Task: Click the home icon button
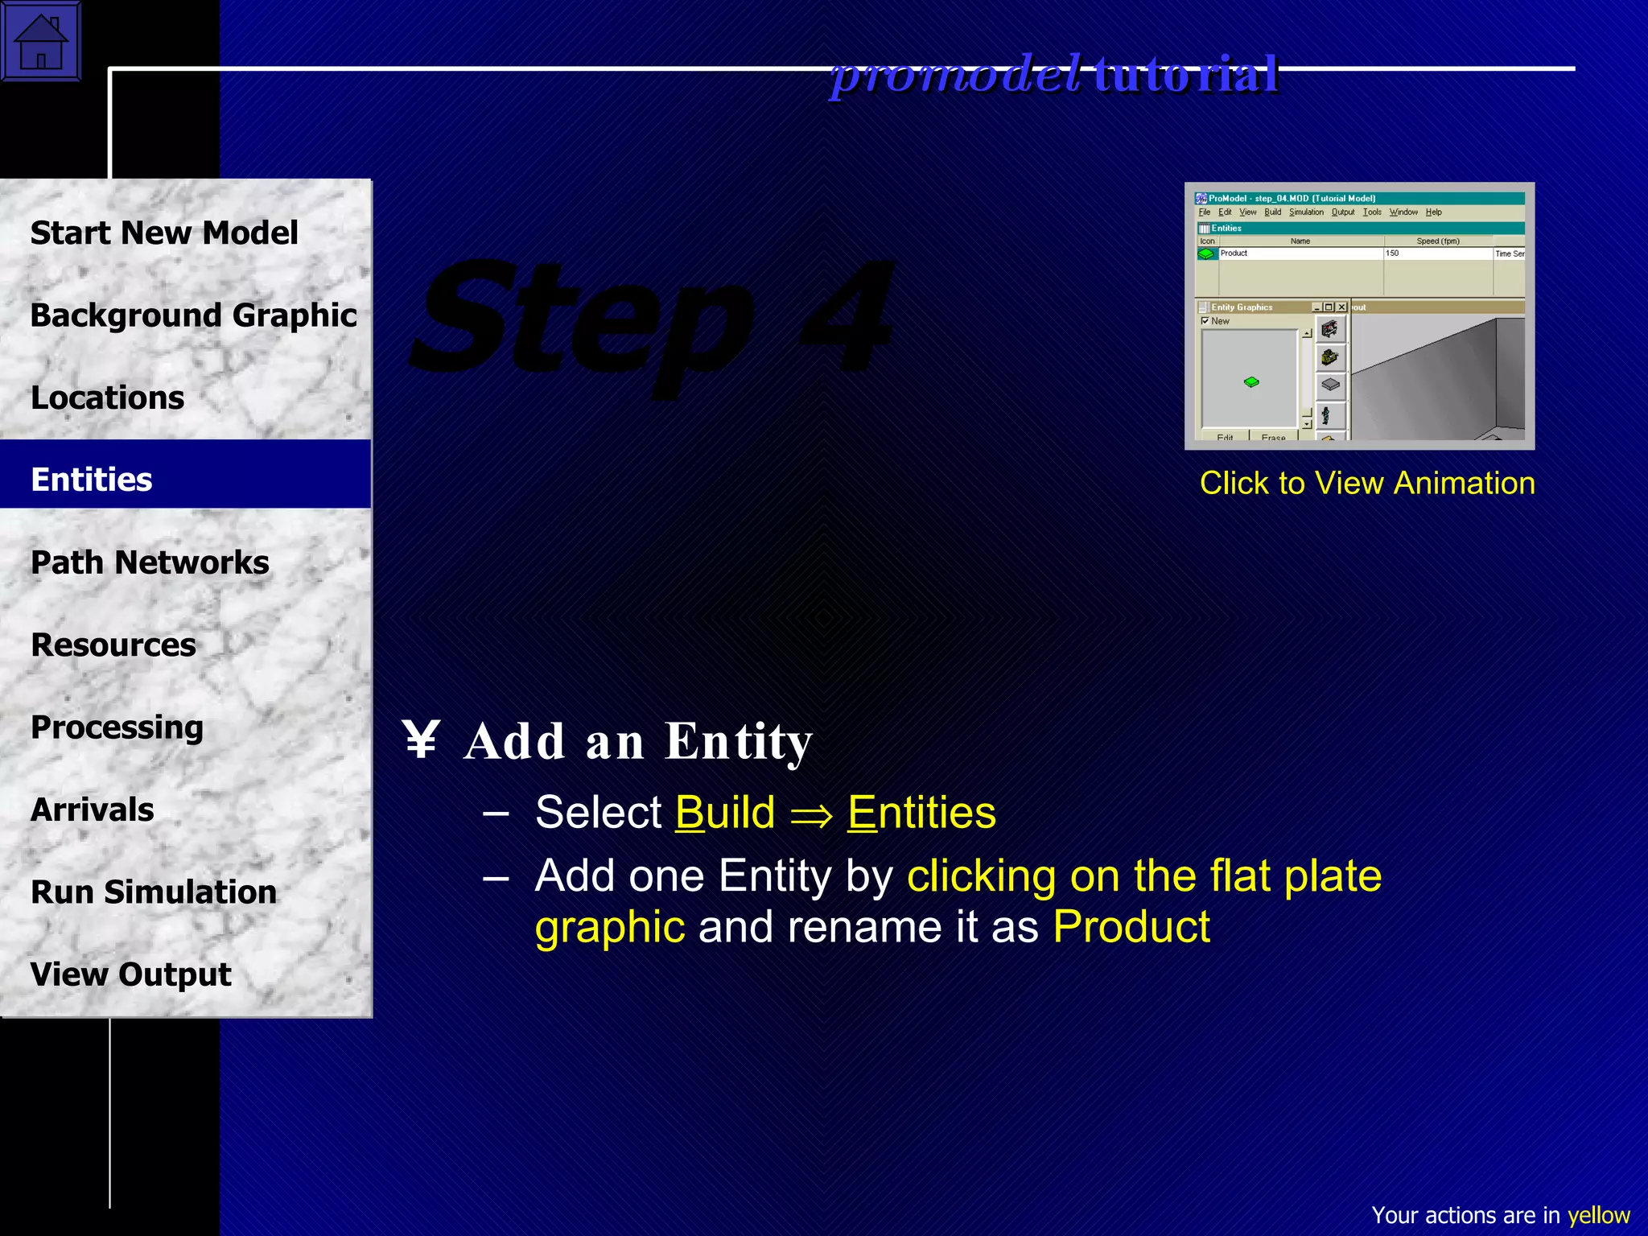pos(41,41)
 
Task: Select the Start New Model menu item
pos(164,233)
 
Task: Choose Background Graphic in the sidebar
pos(193,315)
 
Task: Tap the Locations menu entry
pos(107,398)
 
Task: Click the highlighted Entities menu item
pos(92,480)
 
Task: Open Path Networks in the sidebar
pos(150,562)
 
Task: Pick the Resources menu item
pos(113,645)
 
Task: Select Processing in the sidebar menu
pos(117,727)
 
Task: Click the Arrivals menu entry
pos(92,810)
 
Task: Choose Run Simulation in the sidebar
pos(154,892)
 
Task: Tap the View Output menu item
pos(130,974)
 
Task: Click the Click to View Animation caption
pos(1367,483)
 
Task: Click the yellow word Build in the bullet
pos(725,813)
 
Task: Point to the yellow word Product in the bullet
pos(1131,927)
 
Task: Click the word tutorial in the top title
pos(1186,75)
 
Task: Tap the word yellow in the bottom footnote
pos(1598,1215)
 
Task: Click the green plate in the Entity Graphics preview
pos(1251,382)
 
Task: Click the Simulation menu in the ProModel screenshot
pos(1306,212)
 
